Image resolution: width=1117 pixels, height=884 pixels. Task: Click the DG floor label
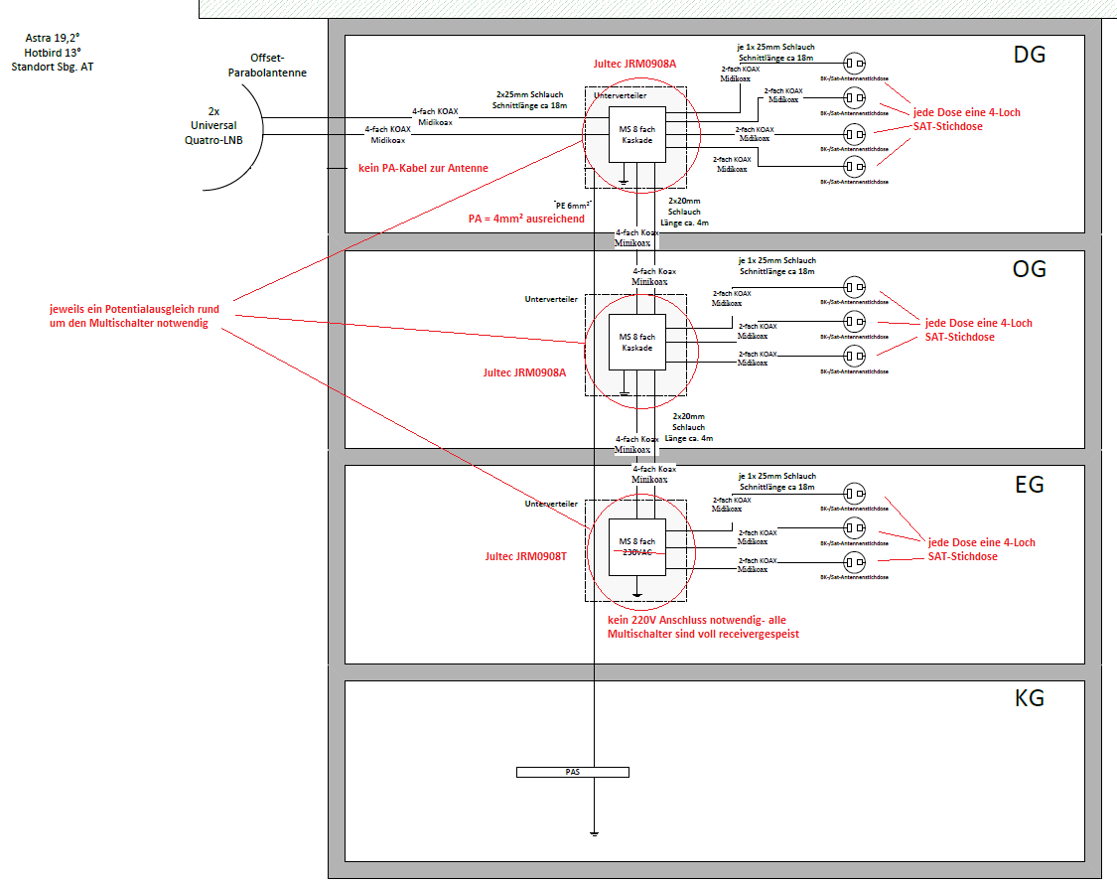(x=1030, y=55)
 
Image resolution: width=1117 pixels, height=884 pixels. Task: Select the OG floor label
(x=1029, y=269)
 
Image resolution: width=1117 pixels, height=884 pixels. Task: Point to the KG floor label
(x=1029, y=698)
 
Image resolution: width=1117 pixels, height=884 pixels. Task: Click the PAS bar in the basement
(x=573, y=772)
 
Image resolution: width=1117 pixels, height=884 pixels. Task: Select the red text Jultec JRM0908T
(x=526, y=557)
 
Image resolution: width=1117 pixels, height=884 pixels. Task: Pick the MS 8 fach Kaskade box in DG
(x=637, y=134)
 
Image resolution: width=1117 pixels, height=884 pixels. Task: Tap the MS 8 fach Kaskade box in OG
(x=636, y=343)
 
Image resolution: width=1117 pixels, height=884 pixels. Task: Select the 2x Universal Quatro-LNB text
(x=213, y=126)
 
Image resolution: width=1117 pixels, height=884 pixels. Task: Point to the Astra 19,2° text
(x=54, y=38)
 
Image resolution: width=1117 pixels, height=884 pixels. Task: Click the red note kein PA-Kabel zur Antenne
(x=423, y=168)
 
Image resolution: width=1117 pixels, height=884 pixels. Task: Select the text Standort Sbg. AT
(x=53, y=68)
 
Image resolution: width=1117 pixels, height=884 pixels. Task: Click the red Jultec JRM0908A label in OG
(x=524, y=372)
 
